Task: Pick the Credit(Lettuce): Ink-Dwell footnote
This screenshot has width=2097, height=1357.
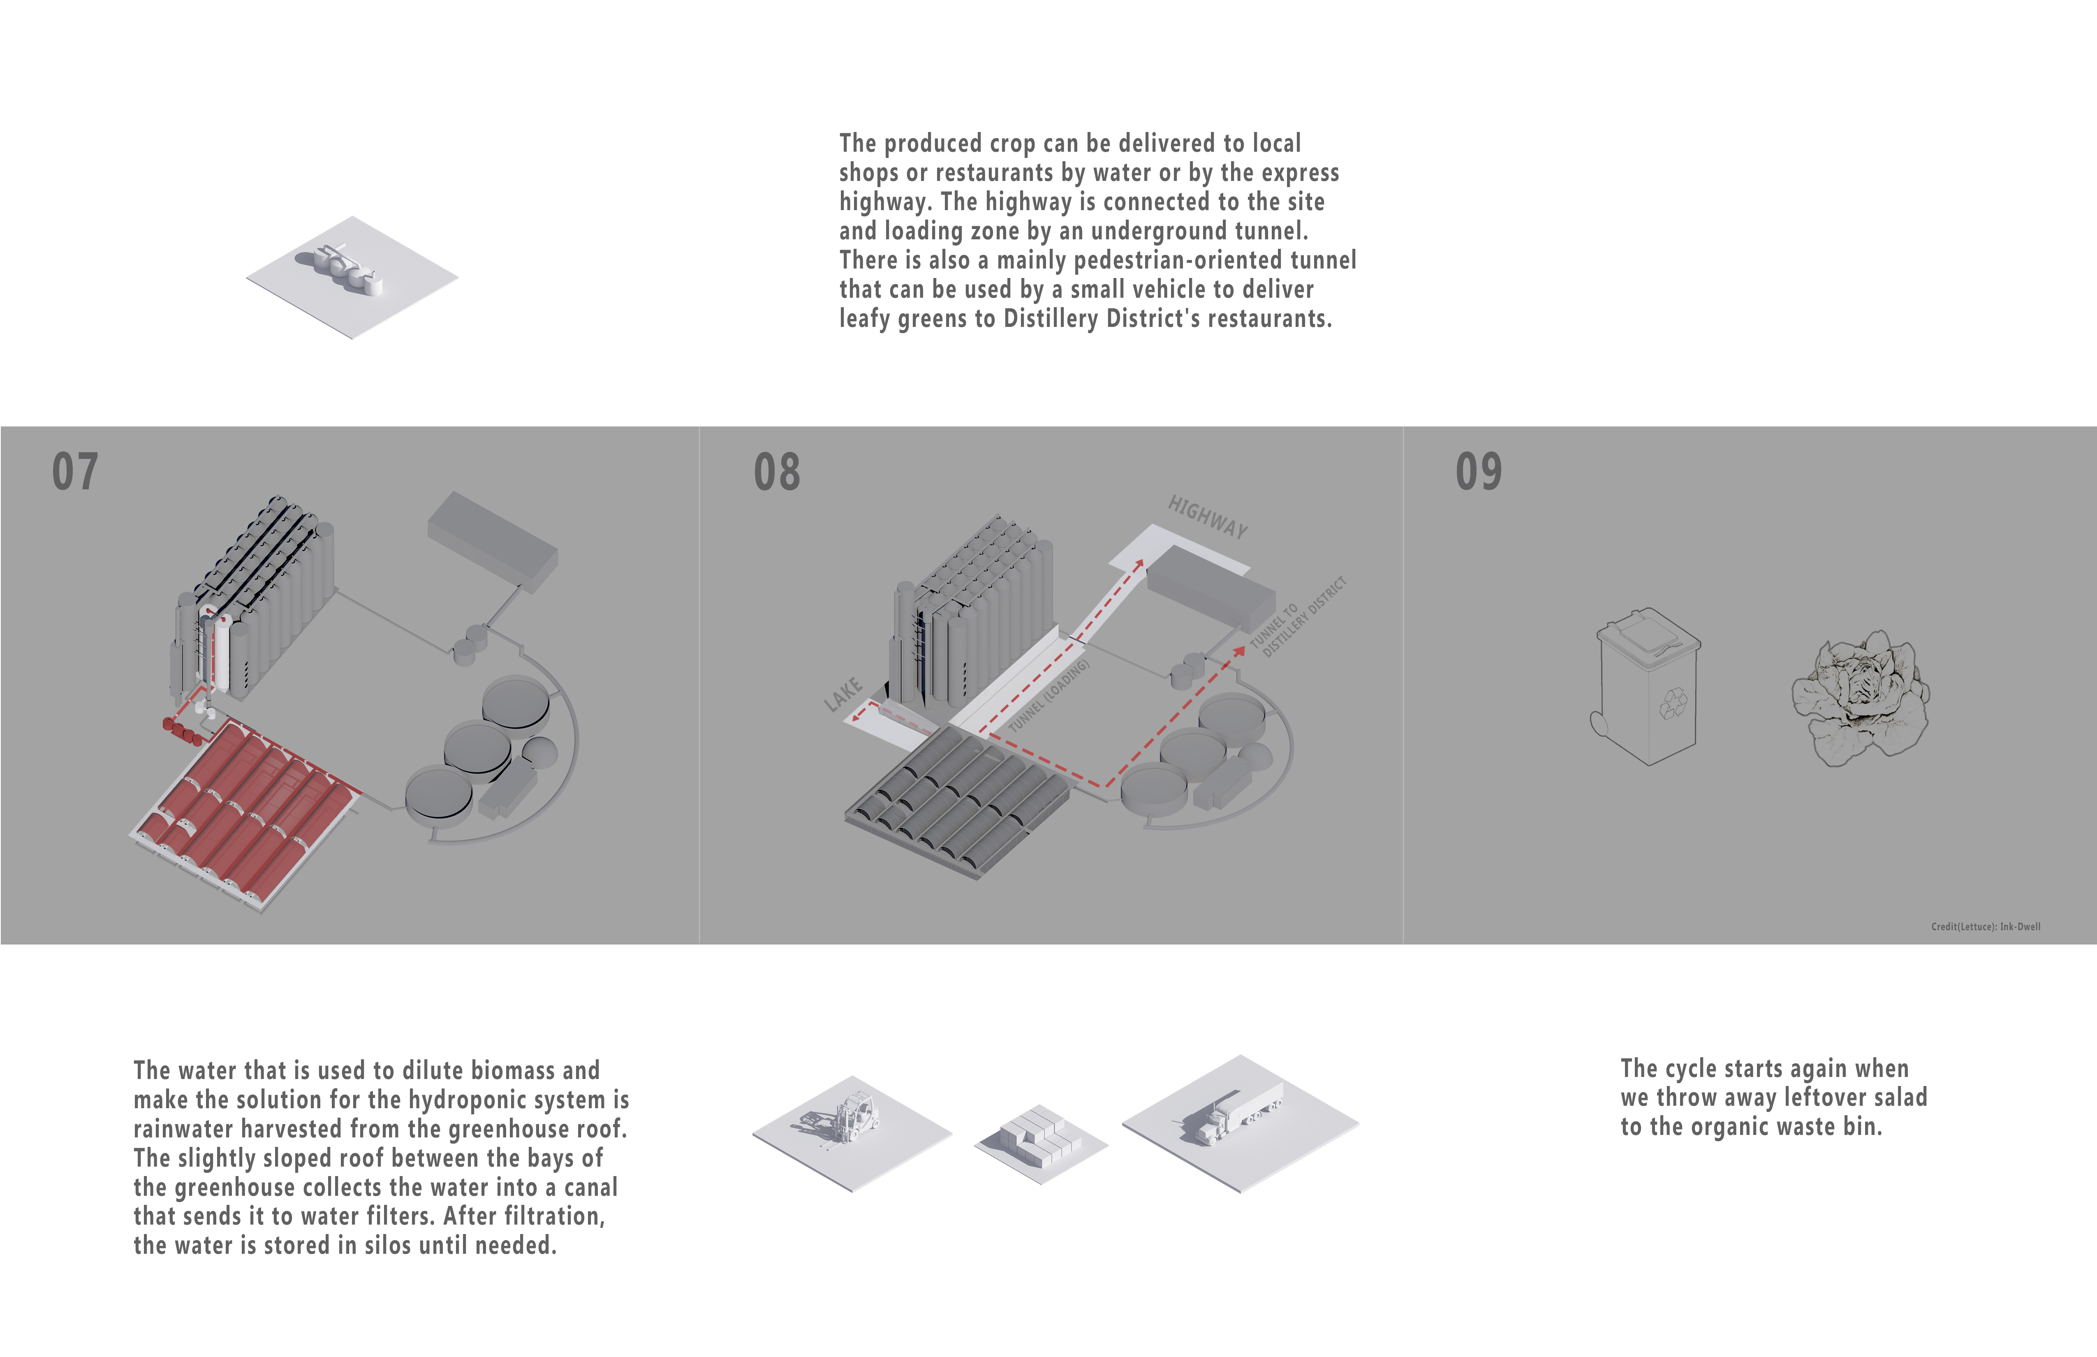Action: (1985, 926)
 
